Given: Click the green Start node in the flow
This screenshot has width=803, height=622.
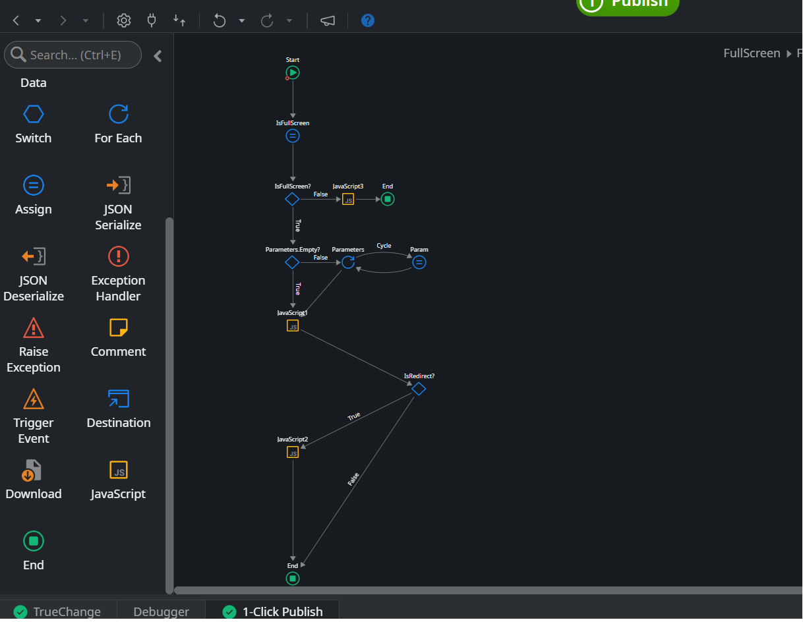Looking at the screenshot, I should coord(293,72).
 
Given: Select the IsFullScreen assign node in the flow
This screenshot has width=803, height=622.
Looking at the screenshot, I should coord(293,136).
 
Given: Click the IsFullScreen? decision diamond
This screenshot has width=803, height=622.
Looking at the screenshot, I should coord(292,199).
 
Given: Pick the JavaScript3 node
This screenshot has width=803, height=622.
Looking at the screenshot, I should coord(348,199).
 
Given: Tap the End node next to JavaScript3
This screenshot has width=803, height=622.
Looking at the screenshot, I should coord(388,199).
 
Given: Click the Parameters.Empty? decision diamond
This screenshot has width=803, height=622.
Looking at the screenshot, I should coord(292,262).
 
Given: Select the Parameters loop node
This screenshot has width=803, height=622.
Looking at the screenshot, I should coord(348,262).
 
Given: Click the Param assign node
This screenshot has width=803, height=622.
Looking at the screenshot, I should coord(419,262).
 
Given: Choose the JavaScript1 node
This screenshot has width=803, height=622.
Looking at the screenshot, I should coord(293,325).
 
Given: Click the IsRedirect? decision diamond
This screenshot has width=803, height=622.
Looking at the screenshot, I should coord(419,389).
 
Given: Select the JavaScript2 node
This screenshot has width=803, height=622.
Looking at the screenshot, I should coord(293,452).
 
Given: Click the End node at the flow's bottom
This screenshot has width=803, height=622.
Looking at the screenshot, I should coord(293,579).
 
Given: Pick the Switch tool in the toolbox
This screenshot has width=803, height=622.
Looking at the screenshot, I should coord(34,115).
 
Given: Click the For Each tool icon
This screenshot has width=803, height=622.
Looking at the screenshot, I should coord(119,115).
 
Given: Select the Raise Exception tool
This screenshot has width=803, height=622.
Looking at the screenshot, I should coord(34,327).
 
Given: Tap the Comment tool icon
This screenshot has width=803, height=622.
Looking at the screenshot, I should coord(119,327).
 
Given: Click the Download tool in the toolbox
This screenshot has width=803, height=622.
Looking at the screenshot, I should coord(34,470).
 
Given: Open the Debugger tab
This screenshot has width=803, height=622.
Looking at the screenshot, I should coord(161,611).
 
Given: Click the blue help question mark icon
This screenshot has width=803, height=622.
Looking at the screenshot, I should coord(368,20).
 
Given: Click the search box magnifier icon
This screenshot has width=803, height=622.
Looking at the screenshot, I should coord(18,55).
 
